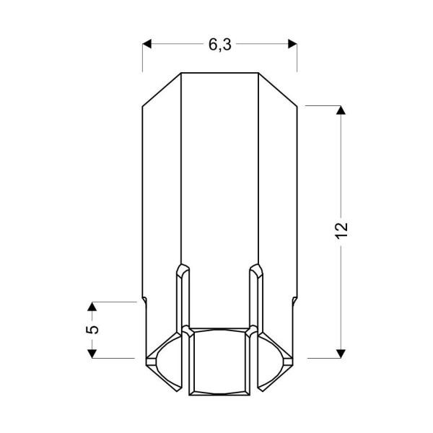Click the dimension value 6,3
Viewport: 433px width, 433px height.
(219, 45)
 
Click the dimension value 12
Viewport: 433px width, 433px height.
(342, 229)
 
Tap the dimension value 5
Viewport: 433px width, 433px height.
(92, 329)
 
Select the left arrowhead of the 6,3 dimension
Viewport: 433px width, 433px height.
(147, 45)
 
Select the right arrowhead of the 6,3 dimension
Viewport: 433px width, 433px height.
(292, 45)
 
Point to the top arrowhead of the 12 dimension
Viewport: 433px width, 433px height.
(341, 110)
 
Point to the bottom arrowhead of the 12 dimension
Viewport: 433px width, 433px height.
(341, 352)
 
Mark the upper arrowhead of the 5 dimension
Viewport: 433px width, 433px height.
(92, 307)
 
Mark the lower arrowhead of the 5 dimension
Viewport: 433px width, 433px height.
(92, 352)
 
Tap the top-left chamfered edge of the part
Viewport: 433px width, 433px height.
(161, 90)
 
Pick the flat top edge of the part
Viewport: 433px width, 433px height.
(219, 73)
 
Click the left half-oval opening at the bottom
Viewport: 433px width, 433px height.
(167, 361)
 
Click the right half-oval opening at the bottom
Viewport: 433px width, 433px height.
(271, 361)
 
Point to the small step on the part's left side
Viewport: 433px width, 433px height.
(144, 299)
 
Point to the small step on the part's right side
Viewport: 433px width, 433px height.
(294, 299)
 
